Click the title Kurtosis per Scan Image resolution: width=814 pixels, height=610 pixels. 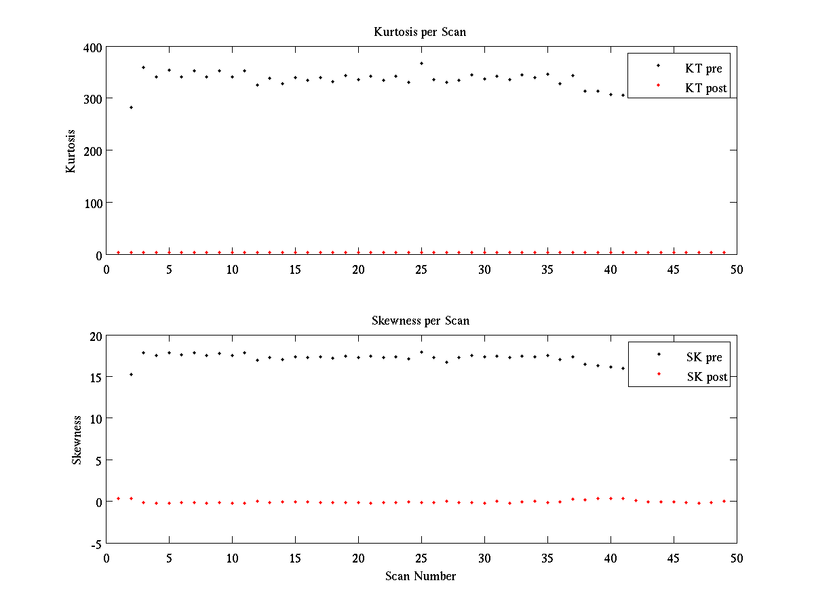coord(420,33)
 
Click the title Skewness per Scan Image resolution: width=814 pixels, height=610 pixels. coord(420,321)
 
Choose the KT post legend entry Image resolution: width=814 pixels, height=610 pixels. coord(705,88)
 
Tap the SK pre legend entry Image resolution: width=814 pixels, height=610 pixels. coord(703,357)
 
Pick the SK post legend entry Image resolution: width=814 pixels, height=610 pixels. coord(706,377)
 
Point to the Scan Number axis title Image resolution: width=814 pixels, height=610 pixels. coord(421,576)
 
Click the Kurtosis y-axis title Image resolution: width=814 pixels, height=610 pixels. coord(71,151)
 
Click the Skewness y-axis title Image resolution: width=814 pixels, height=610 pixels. coord(77,440)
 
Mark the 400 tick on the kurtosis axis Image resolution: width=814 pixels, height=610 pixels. coord(93,47)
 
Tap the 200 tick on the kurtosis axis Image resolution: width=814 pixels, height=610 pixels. coord(93,151)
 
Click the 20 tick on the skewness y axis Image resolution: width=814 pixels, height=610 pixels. coord(94,336)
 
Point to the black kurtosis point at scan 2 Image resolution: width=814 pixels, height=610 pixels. coord(131,107)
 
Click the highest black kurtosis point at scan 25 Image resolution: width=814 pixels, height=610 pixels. coord(421,63)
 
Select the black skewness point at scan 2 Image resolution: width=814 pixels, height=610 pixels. coord(131,374)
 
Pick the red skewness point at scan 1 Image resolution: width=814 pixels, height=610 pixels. coord(118,498)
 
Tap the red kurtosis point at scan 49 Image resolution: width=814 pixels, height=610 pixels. coord(724,252)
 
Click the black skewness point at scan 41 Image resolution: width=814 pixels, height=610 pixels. coord(623,368)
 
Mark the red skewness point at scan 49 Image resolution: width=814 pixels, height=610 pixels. coord(724,501)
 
